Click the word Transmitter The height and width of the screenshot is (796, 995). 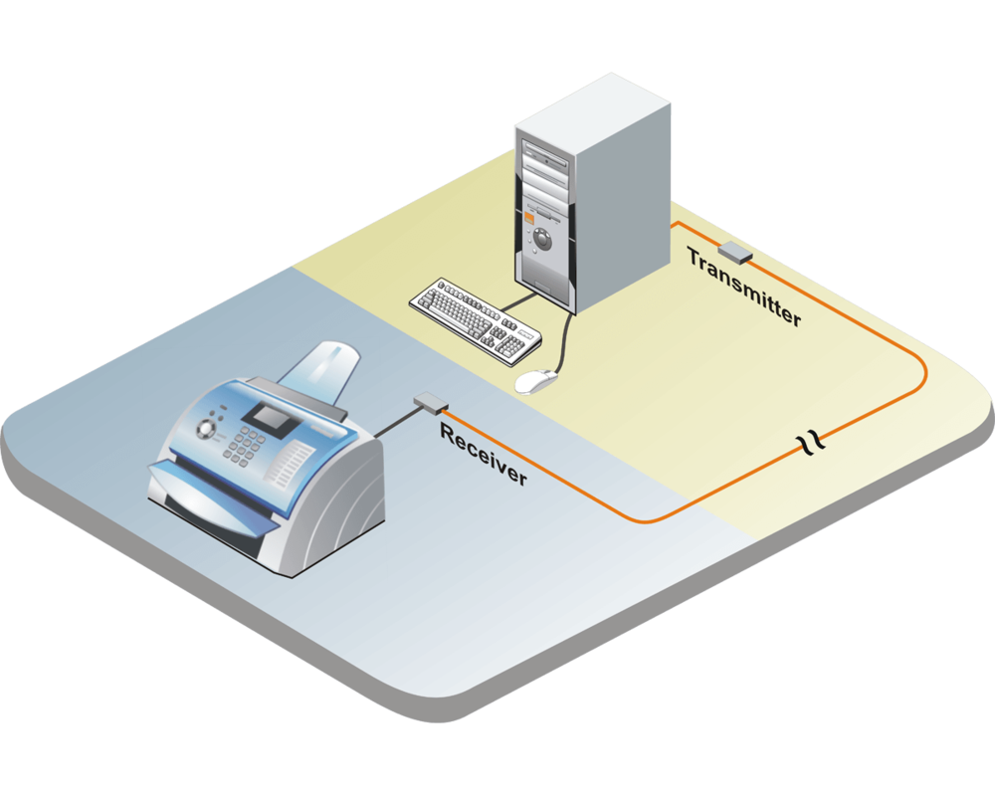pos(743,287)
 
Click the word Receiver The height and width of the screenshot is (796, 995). pos(484,455)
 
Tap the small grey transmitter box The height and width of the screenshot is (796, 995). pos(735,252)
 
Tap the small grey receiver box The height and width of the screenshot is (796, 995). pos(431,402)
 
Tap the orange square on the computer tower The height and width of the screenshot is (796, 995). pos(529,216)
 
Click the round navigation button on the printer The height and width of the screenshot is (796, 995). pos(207,429)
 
